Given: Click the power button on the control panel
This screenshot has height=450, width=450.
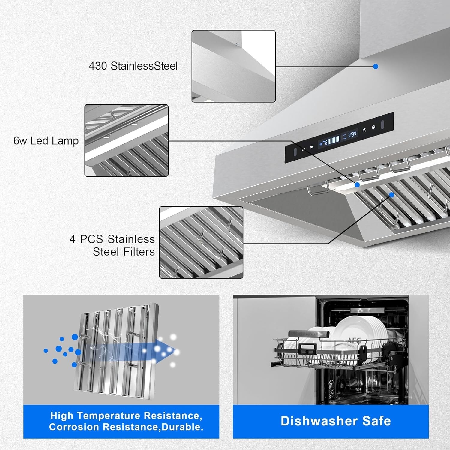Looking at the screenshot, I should click(x=373, y=127).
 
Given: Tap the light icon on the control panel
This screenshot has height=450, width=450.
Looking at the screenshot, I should click(x=364, y=130).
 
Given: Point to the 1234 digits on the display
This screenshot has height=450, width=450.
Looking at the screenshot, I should click(x=352, y=134).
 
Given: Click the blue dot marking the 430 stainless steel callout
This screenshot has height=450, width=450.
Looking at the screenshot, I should click(x=376, y=67).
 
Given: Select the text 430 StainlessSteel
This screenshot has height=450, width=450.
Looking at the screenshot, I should click(x=133, y=66).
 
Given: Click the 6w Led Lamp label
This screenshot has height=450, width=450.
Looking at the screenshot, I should click(x=46, y=141).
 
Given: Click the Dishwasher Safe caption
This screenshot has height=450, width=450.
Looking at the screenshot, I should click(x=336, y=421).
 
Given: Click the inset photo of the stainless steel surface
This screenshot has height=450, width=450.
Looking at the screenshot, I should click(x=233, y=66).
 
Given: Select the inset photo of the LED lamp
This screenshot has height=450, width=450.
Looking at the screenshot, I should click(x=126, y=140).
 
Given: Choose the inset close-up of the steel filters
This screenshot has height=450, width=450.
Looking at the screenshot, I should click(x=201, y=242).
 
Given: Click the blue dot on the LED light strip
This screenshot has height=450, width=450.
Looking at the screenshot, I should click(x=357, y=185).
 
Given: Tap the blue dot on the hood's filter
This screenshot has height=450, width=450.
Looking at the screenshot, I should click(x=391, y=195).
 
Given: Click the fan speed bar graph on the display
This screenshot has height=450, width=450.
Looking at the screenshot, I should click(x=333, y=139).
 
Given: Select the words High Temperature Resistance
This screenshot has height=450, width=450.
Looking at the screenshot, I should click(x=126, y=415).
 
